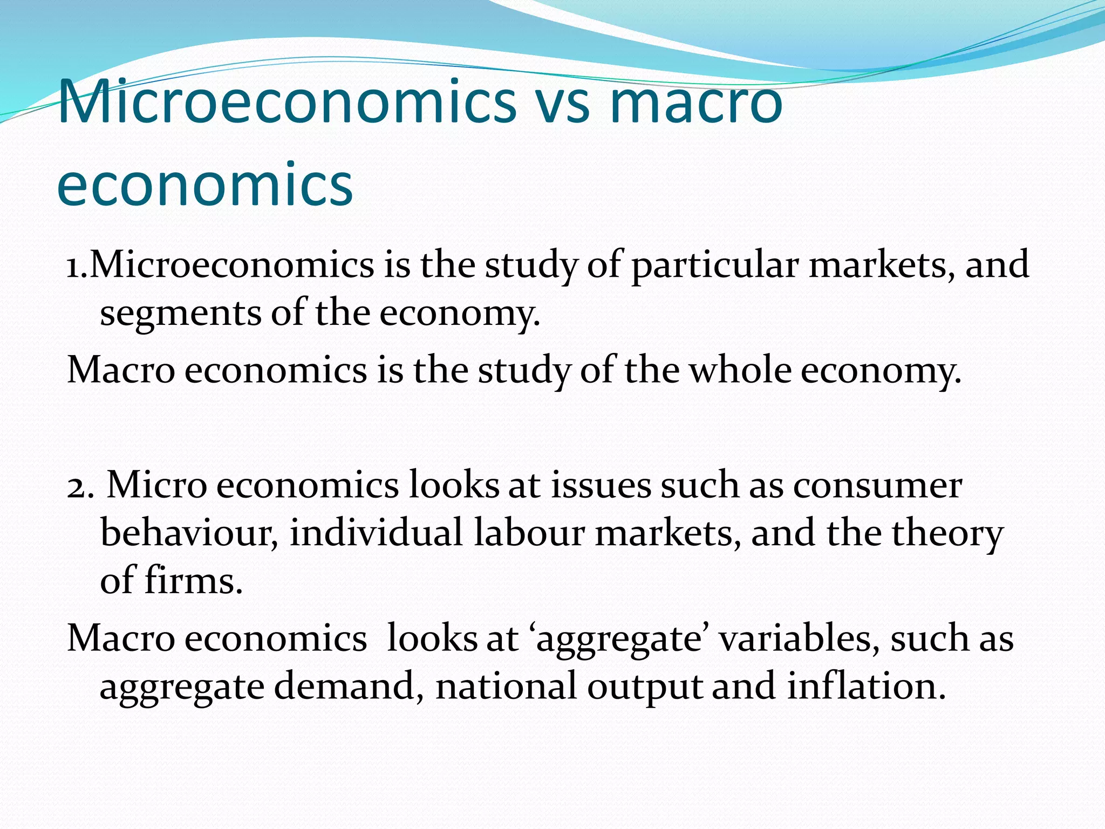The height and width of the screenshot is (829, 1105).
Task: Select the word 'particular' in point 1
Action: (715, 266)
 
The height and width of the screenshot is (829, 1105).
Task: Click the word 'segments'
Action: (180, 314)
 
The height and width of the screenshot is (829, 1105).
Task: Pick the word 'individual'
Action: (376, 533)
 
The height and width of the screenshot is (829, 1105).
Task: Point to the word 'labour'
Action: (529, 533)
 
